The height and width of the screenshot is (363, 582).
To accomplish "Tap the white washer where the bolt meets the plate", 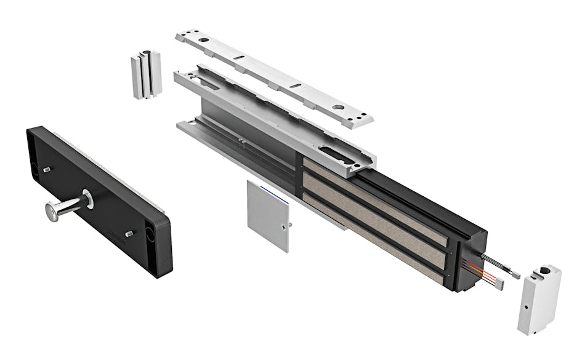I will (x=88, y=198).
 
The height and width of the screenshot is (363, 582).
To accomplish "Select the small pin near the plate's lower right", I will (x=129, y=234).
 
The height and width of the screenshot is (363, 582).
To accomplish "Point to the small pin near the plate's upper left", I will (x=48, y=168).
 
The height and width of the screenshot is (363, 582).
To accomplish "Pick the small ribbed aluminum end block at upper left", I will (x=146, y=74).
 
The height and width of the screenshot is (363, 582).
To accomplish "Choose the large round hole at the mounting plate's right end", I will (x=338, y=107).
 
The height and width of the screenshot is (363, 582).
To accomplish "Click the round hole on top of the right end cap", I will (x=544, y=270).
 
